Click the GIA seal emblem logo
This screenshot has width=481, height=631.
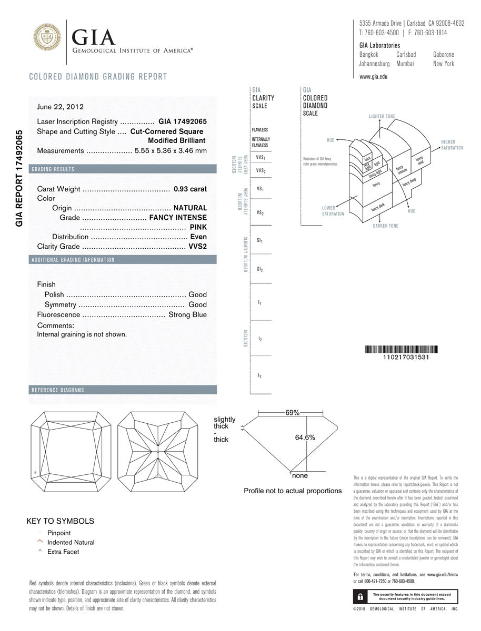click(47, 37)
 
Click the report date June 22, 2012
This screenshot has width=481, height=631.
click(60, 107)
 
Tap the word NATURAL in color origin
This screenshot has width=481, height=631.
click(190, 208)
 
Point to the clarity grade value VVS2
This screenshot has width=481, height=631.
click(198, 247)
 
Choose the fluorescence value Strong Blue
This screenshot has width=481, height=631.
click(187, 314)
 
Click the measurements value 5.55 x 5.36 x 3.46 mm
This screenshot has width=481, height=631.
click(171, 150)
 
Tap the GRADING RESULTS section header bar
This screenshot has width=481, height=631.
click(123, 169)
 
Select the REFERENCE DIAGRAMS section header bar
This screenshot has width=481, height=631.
click(123, 390)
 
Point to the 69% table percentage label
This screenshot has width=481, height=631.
click(293, 413)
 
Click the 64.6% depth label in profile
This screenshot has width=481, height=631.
click(305, 437)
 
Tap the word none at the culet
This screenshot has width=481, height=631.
click(300, 476)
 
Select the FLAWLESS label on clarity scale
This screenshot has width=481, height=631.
click(260, 130)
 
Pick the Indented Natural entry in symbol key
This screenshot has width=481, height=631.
click(71, 542)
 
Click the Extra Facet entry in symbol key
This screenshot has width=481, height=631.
click(63, 552)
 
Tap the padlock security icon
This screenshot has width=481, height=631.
click(360, 597)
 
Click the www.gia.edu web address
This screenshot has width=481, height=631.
click(373, 77)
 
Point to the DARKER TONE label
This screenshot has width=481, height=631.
click(386, 226)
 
